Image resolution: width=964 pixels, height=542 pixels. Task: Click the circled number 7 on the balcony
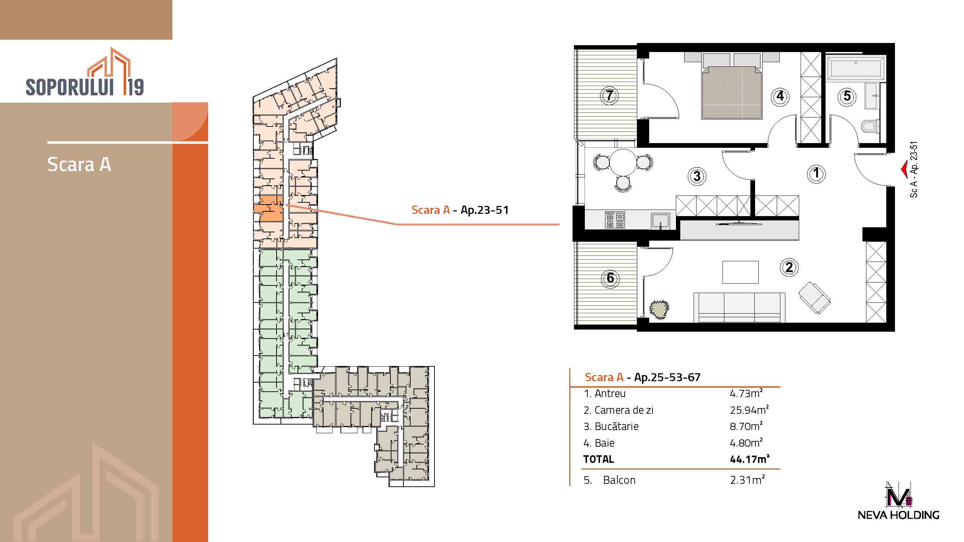610,95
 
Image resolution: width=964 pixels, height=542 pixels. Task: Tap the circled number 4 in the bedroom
780,96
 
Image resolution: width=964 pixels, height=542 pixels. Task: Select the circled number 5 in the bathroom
847,96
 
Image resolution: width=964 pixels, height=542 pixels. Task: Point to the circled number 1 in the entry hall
816,173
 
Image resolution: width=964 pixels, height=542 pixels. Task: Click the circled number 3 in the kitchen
697,176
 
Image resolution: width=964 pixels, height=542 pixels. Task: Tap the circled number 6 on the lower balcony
610,278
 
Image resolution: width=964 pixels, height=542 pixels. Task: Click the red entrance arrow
904,169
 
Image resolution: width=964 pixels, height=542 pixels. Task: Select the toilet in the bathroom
870,126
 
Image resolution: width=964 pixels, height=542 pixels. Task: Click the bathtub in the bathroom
856,68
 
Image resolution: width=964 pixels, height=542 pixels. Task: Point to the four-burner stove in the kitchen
615,220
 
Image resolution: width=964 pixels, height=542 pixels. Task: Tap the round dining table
623,162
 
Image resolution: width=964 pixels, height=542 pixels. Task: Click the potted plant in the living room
659,309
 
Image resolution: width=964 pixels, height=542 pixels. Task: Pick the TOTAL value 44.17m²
750,459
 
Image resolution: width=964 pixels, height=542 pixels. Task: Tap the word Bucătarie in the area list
616,426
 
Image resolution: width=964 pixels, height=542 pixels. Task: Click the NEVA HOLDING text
898,515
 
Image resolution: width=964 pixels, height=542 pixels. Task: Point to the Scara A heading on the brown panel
79,164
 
